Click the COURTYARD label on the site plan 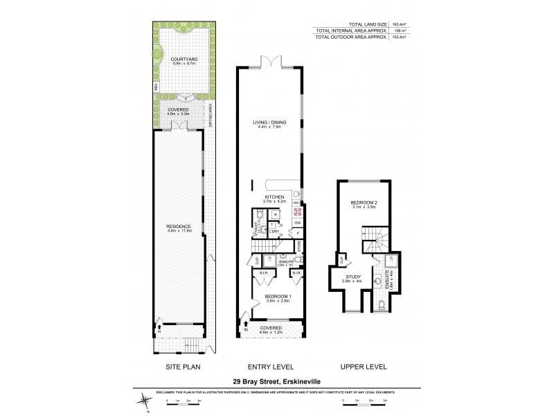click(183, 60)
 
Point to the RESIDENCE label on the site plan click(178, 227)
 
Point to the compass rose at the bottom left click(144, 400)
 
